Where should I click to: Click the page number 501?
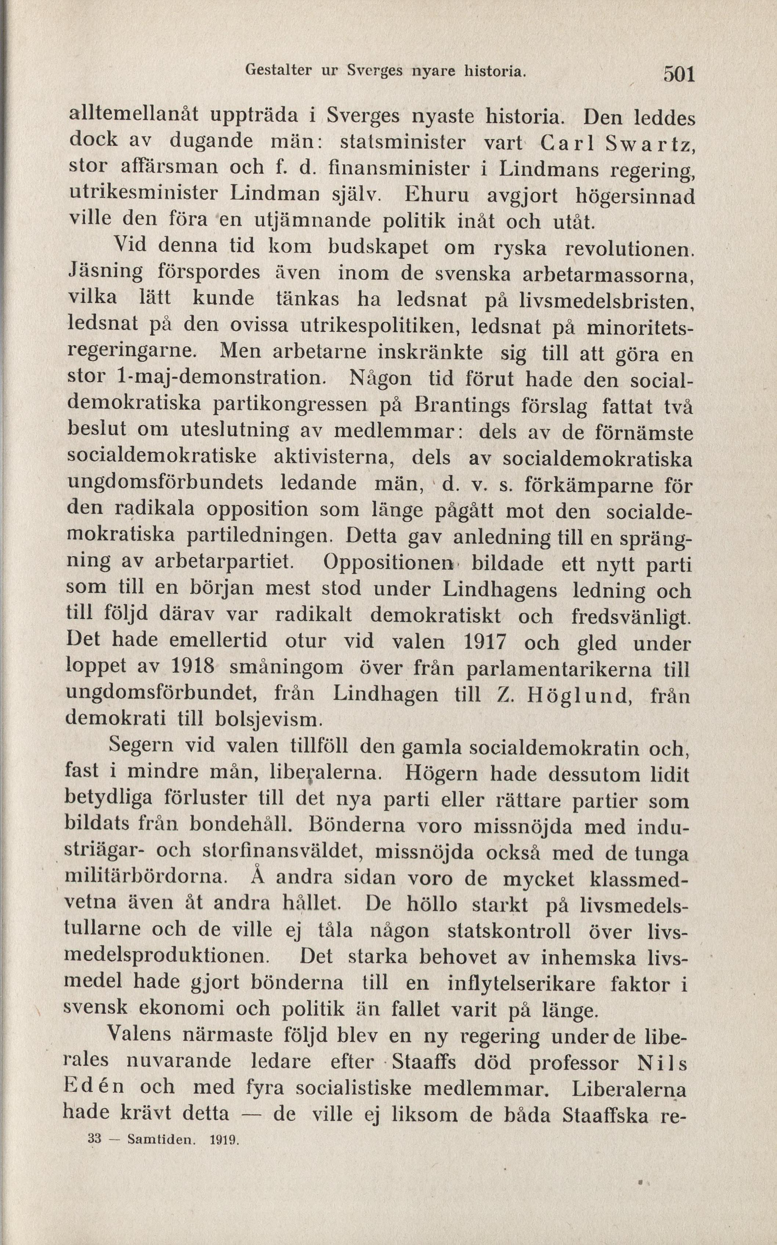point(679,75)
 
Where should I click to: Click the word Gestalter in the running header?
point(279,70)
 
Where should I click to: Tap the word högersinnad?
point(635,195)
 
